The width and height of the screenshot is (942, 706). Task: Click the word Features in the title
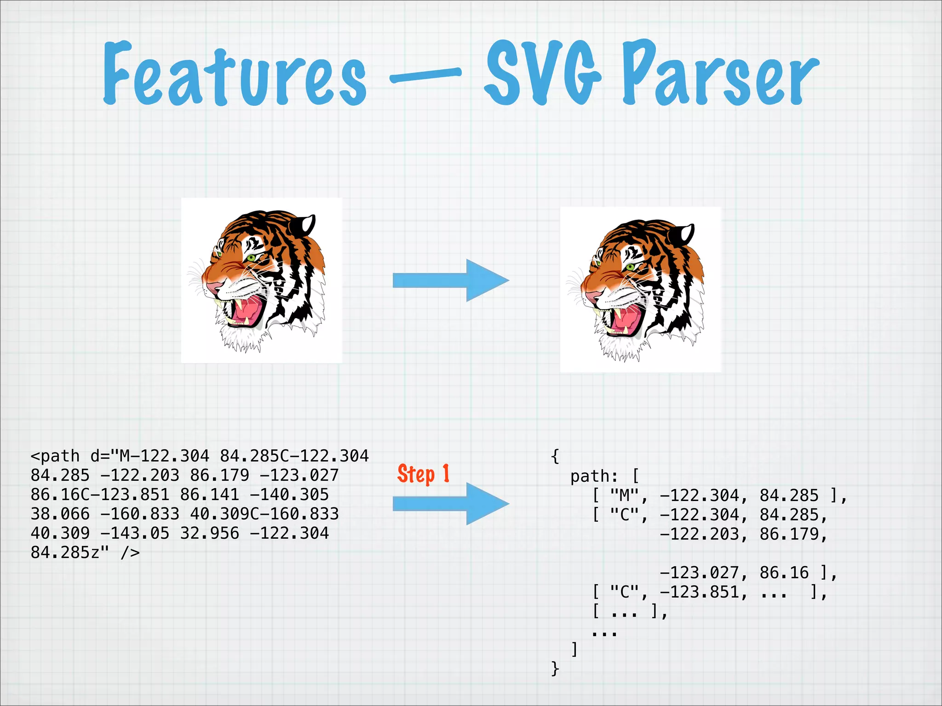click(235, 74)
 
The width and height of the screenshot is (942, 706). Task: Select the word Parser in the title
click(720, 74)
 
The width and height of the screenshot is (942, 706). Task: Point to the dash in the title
click(425, 75)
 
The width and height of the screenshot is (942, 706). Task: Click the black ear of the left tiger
click(304, 225)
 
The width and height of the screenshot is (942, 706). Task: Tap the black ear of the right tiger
click(683, 234)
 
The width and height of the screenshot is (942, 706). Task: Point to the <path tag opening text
click(55, 456)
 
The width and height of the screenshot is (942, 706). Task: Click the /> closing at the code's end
click(130, 552)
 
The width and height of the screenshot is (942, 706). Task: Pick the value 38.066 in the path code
click(60, 514)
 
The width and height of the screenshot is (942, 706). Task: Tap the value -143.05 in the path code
click(135, 533)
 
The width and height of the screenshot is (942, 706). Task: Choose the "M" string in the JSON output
click(625, 495)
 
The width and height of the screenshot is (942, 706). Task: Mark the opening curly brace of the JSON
click(555, 456)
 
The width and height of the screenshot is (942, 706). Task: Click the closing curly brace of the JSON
click(555, 669)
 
